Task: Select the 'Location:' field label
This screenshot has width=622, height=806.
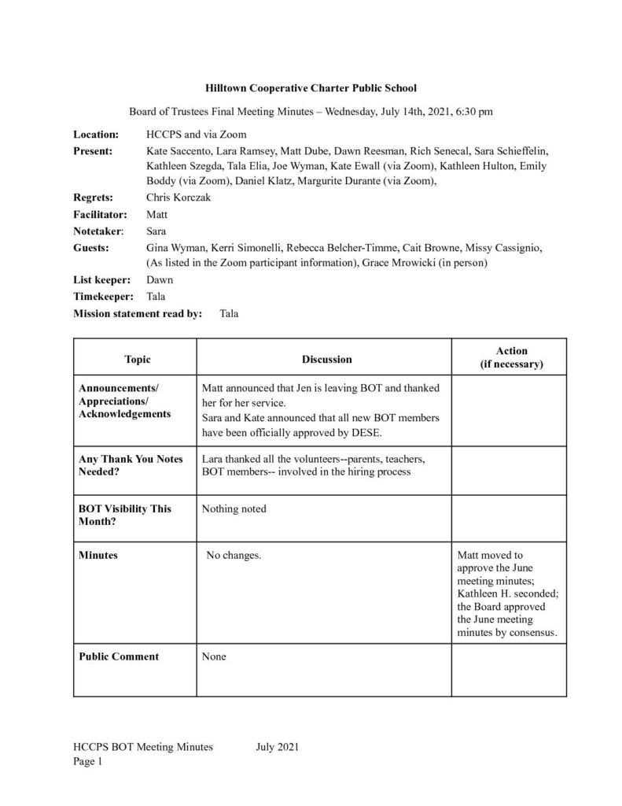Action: [x=96, y=135]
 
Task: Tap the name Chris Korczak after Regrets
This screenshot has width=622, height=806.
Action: [x=178, y=198]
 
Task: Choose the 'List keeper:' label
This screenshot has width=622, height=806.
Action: [x=101, y=279]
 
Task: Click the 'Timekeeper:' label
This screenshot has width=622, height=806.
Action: [x=101, y=297]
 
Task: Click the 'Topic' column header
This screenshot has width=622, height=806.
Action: [x=137, y=360]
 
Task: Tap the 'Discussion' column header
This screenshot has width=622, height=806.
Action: [x=326, y=360]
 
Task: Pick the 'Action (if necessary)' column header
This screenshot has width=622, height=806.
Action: [x=511, y=357]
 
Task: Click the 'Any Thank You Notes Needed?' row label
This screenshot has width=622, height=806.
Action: [x=131, y=465]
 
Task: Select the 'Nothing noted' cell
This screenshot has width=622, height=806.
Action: [x=234, y=508]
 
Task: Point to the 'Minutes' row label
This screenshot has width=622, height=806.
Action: [x=98, y=555]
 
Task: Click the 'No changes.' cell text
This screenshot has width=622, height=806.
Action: [x=234, y=556]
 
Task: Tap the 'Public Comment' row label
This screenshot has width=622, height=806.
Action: [x=119, y=656]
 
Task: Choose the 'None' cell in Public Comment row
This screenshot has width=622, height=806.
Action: [x=214, y=656]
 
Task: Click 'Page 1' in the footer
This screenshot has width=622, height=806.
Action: [x=88, y=762]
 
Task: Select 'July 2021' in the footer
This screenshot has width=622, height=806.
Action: [x=278, y=747]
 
